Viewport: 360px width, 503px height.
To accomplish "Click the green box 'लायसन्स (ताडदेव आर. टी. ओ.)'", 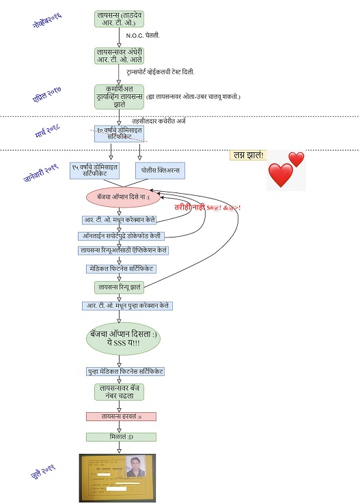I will click(119, 18).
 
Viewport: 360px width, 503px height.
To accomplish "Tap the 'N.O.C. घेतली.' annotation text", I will click(143, 35).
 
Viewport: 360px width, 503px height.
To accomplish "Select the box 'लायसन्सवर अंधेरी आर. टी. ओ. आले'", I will click(119, 55).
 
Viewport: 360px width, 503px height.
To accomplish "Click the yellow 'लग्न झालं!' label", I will click(247, 156).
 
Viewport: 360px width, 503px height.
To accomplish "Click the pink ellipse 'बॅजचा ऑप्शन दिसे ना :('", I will click(119, 197).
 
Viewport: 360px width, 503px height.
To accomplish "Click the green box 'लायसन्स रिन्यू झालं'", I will click(119, 287).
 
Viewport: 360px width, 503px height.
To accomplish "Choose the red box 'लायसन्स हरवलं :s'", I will click(121, 416).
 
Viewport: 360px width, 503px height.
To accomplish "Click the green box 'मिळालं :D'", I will click(121, 437).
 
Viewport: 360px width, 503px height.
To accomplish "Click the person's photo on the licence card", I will click(135, 467).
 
